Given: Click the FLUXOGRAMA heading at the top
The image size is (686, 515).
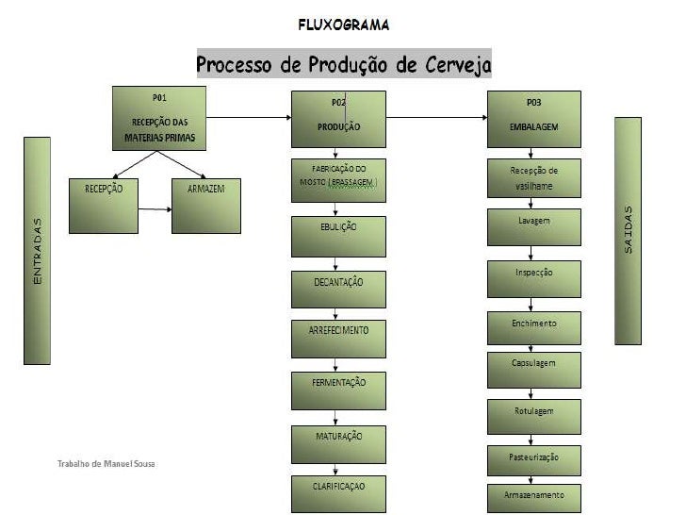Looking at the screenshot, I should (x=343, y=24).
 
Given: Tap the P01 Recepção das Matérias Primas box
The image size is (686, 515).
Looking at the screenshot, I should (x=158, y=118).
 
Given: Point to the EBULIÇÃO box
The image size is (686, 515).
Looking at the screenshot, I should (x=338, y=236).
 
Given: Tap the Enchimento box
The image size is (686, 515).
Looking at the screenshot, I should (x=533, y=328).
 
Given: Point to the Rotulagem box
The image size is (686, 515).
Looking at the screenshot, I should (x=533, y=416).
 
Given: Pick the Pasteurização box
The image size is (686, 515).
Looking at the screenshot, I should (x=533, y=460).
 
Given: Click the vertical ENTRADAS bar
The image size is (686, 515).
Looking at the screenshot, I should (x=38, y=250).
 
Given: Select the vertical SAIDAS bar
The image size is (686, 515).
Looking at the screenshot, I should (x=629, y=231).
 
